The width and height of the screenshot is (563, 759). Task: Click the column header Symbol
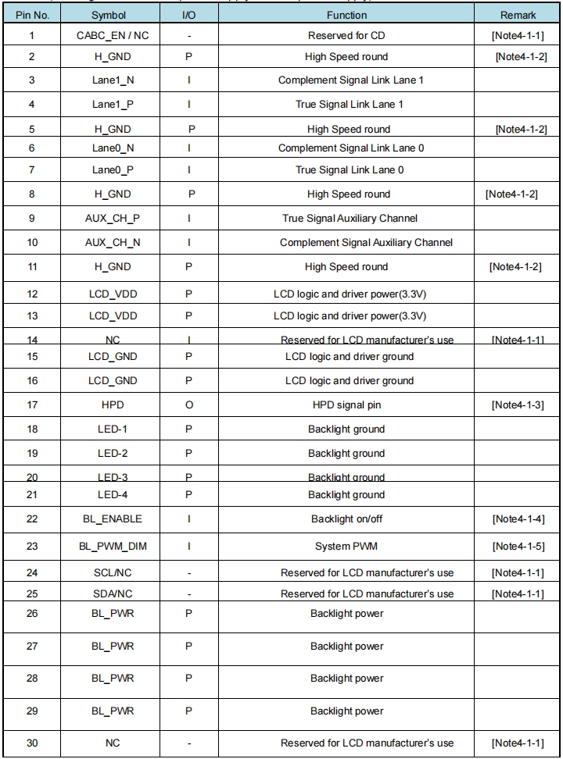113,16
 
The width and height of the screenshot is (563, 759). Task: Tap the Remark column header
518,16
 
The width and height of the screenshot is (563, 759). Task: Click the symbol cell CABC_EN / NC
113,36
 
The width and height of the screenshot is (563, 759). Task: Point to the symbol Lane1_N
113,80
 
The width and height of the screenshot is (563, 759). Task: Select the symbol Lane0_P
113,169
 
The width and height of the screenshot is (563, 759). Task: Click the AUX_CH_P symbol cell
113,219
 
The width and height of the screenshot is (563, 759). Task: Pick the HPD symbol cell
113,405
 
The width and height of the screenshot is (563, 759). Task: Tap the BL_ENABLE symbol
113,518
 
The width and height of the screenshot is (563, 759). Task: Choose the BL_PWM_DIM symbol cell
113,547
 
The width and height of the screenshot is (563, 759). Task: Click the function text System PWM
346,547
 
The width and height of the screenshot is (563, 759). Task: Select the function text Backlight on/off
346,518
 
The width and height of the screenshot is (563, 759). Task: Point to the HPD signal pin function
346,405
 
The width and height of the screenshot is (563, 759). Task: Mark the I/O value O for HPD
188,405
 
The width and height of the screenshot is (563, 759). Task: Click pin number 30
31,743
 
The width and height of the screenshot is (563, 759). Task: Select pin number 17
31,405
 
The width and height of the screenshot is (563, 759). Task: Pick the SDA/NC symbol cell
113,593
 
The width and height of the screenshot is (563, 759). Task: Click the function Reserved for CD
346,36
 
